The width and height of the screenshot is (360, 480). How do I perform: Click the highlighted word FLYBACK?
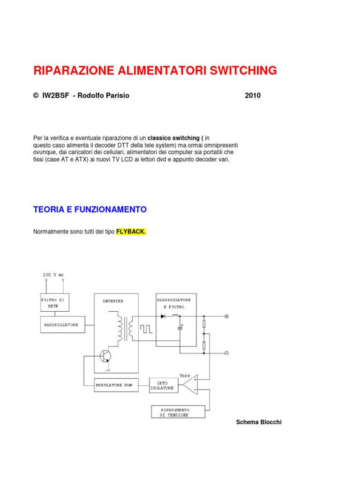click(x=131, y=232)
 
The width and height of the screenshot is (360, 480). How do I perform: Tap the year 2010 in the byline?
click(x=253, y=96)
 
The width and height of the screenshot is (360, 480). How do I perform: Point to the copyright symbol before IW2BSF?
click(x=36, y=96)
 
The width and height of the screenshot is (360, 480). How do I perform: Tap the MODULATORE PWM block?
click(x=114, y=385)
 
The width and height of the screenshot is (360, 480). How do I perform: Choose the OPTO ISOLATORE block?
click(x=162, y=385)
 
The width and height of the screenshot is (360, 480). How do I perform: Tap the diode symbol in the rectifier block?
click(x=163, y=316)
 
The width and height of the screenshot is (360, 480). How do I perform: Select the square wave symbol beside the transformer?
click(x=147, y=328)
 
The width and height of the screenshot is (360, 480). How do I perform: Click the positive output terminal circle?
click(x=226, y=316)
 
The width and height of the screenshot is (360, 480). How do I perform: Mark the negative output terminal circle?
click(x=226, y=353)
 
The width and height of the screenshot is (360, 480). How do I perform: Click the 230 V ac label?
click(x=53, y=275)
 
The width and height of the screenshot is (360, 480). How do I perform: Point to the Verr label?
click(x=185, y=375)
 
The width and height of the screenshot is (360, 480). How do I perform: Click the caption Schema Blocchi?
click(x=259, y=422)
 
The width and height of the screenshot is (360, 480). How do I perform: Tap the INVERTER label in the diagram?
click(x=113, y=301)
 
